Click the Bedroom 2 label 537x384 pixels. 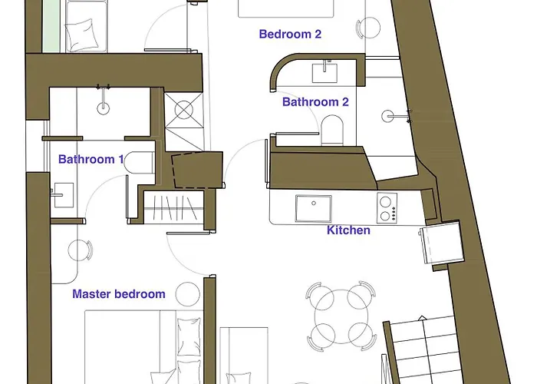pos(290,34)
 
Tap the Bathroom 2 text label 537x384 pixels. pos(315,102)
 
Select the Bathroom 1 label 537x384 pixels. pos(91,159)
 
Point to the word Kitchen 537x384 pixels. pos(348,230)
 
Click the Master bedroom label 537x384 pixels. pos(119,294)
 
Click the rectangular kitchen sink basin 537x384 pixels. pos(314,208)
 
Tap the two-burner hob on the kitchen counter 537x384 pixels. pos(387,208)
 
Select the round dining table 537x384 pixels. pos(341,316)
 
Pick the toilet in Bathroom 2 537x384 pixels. pos(332,131)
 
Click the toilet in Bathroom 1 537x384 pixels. pos(139,163)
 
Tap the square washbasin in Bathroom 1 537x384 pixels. pos(63,195)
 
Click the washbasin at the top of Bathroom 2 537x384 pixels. pos(325,72)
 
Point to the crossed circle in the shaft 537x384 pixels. pos(184,111)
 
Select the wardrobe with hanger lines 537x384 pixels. pos(173,208)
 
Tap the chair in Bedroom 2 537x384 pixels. pos(368,28)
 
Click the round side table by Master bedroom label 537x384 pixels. pos(188,294)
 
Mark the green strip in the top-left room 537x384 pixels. pos(51,26)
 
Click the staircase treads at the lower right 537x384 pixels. pos(424,349)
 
